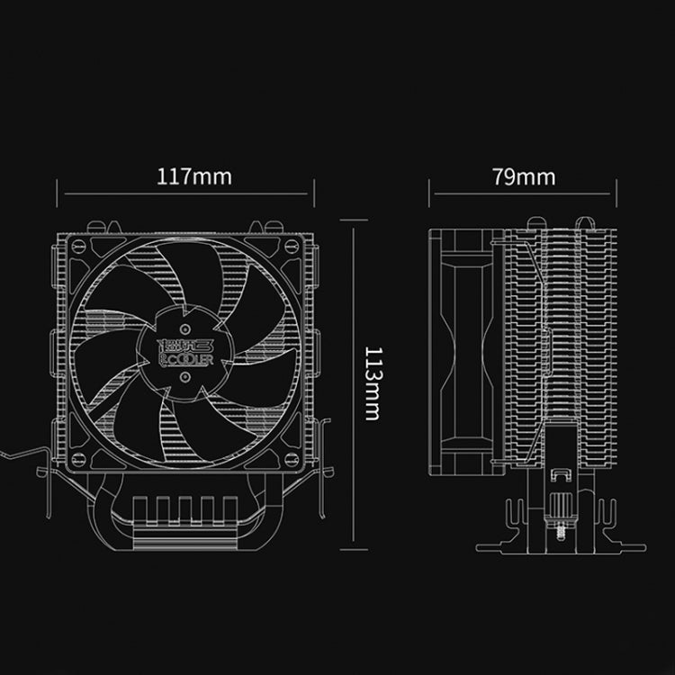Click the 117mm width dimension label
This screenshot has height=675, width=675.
(x=194, y=175)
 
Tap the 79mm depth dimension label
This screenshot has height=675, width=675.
(x=524, y=175)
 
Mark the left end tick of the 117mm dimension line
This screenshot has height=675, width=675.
(x=58, y=192)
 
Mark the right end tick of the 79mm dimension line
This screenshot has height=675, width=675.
(x=616, y=192)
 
